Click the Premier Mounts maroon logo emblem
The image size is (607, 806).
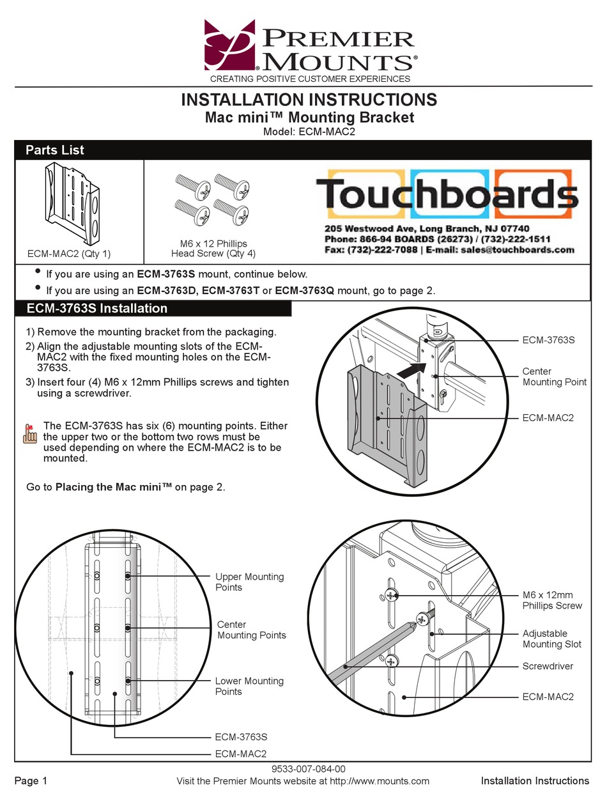[229, 45]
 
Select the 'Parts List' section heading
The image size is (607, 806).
[55, 150]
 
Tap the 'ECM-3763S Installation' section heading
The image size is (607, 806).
[97, 308]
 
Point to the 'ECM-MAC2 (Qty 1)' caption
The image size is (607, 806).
[69, 254]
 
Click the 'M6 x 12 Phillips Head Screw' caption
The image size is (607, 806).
[213, 249]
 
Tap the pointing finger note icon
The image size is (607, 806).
[29, 434]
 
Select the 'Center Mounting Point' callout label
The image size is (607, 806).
[554, 376]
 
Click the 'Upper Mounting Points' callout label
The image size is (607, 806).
[249, 582]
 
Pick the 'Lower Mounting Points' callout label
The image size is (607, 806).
[249, 686]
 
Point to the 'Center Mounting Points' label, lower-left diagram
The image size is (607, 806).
[251, 630]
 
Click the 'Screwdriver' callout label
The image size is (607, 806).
[548, 666]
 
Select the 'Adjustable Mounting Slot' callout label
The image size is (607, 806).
[553, 639]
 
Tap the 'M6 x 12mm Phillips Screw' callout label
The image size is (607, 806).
[552, 600]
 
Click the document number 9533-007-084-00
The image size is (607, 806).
[303, 770]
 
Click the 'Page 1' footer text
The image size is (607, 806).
[31, 780]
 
